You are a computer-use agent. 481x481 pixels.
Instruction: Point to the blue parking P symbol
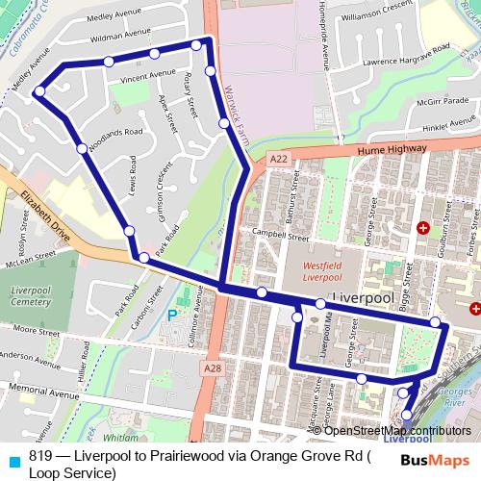[173, 315]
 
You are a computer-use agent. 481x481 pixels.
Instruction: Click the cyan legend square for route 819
[12, 459]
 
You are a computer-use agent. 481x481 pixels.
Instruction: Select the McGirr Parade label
[442, 100]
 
